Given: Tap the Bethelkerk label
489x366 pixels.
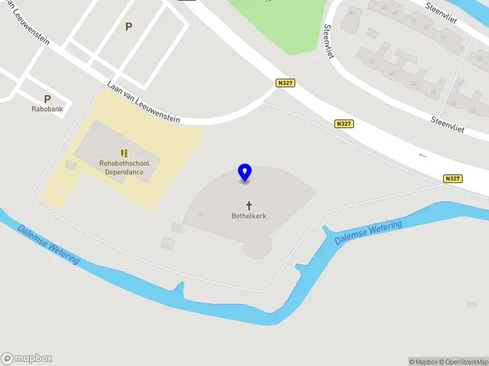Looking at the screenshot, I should click(x=249, y=216).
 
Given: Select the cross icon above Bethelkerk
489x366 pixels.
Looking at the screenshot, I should click(x=249, y=205).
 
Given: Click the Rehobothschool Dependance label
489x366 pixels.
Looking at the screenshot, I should click(x=124, y=168).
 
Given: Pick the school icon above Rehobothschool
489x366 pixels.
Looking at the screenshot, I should click(x=124, y=153).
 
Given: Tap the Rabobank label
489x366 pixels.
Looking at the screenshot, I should click(x=47, y=109).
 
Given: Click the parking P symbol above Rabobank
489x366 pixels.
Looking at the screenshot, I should click(x=47, y=99).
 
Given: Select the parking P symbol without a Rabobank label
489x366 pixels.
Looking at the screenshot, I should click(x=128, y=27).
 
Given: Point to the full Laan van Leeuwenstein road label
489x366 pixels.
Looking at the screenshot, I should click(x=143, y=102).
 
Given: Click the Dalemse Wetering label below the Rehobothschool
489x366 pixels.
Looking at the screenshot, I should click(x=48, y=244).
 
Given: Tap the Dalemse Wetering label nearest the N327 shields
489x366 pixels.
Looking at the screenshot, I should click(x=369, y=233).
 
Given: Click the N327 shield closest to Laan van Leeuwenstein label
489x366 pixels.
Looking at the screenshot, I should click(x=284, y=83).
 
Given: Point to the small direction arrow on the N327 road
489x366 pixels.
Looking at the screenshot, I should click(x=422, y=156).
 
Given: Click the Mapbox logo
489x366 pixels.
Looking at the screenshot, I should click(x=27, y=359).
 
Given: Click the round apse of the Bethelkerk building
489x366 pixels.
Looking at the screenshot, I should click(x=257, y=248).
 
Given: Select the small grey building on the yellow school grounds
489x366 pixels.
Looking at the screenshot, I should click(x=71, y=165).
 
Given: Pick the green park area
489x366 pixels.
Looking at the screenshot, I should click(x=275, y=24).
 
